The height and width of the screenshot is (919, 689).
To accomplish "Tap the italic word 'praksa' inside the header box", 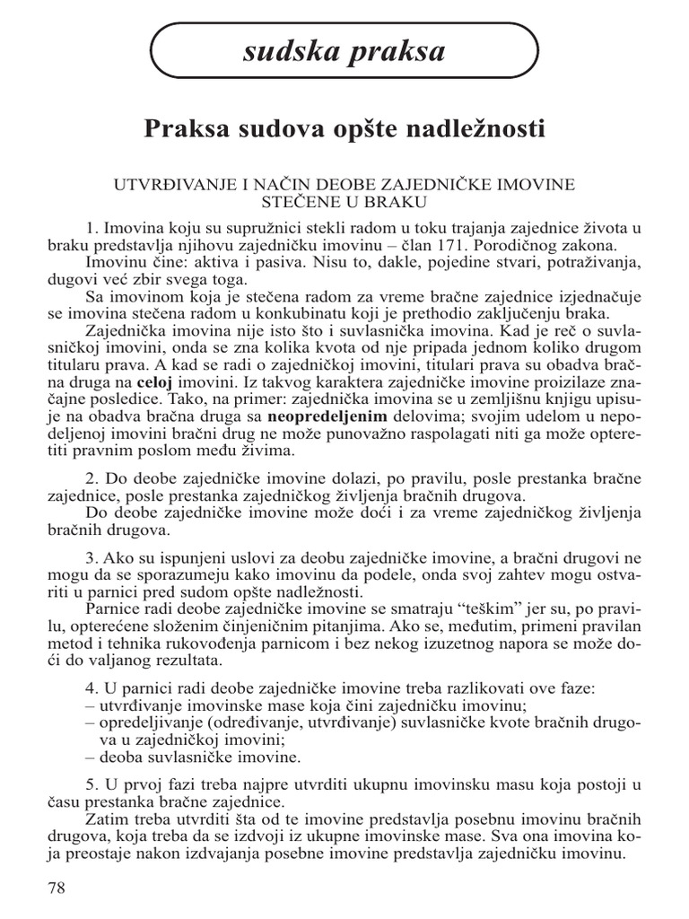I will coord(395,53).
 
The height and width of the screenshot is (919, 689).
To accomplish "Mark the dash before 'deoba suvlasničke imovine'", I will coord(90,757).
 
